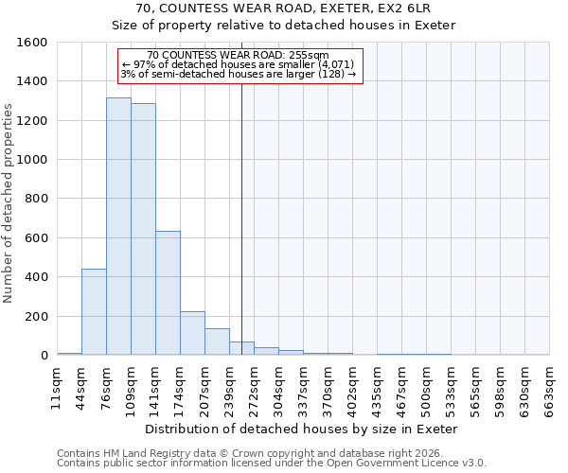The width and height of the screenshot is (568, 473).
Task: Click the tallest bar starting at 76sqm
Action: (118, 227)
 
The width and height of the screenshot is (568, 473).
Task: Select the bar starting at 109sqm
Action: (143, 230)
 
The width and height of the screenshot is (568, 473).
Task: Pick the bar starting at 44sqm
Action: (94, 312)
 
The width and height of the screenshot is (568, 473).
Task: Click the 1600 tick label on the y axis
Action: (32, 43)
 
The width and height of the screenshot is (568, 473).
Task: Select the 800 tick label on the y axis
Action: (36, 199)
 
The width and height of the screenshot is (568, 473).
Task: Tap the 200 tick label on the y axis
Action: (36, 316)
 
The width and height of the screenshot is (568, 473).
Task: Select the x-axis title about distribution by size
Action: (303, 429)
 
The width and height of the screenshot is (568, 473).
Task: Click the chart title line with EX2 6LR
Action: (283, 8)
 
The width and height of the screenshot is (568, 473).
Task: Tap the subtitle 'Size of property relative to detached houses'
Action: (283, 26)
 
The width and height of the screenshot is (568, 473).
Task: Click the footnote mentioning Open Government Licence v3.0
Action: (272, 464)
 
